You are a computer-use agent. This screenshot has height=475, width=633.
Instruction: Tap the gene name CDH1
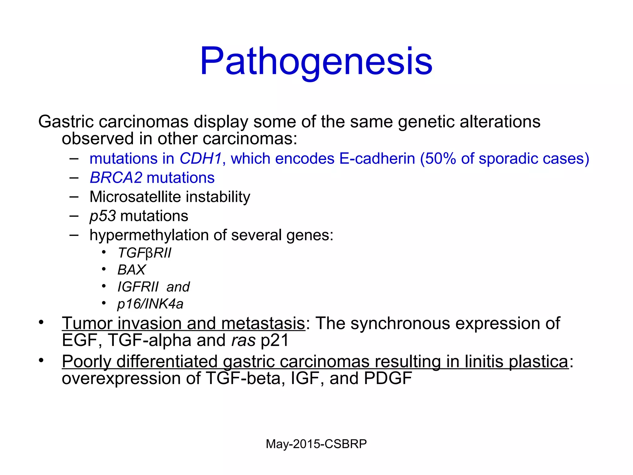tap(201, 159)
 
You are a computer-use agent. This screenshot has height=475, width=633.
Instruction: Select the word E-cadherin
tap(377, 159)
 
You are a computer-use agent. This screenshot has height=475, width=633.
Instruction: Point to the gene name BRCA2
tap(116, 178)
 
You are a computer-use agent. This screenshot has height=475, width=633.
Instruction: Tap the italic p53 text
tap(103, 216)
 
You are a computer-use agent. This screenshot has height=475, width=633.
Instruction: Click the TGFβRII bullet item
tap(144, 253)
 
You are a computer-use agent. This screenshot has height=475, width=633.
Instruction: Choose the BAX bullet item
tap(131, 270)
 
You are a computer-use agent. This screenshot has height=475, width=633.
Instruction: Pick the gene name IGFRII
tap(138, 287)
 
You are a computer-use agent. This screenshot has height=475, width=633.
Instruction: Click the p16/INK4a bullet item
tap(150, 304)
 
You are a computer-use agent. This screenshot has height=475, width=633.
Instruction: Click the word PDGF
tap(388, 378)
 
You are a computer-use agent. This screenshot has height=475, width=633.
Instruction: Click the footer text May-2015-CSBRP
tap(316, 444)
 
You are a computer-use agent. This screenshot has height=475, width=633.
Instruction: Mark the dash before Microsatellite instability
tap(74, 197)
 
